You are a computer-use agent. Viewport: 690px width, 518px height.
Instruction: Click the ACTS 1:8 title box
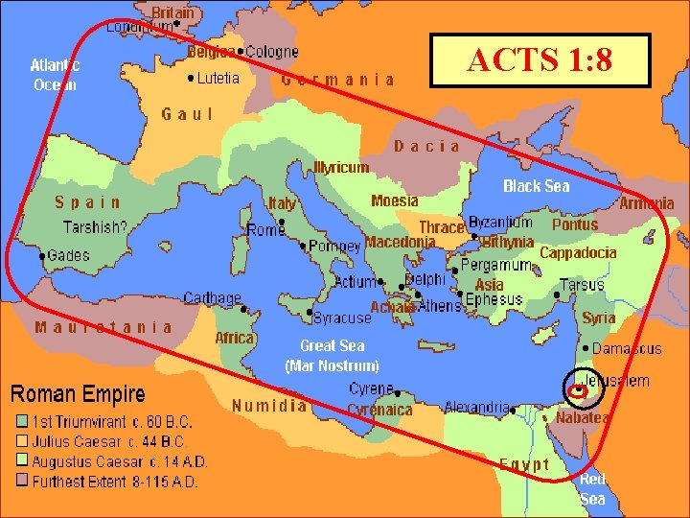(x=540, y=60)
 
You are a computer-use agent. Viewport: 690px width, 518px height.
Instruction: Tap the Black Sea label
(x=536, y=186)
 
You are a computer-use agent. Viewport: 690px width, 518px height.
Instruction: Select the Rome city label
(x=265, y=230)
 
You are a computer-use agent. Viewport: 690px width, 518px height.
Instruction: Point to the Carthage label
(x=212, y=298)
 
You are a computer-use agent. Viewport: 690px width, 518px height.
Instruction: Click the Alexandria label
(x=476, y=408)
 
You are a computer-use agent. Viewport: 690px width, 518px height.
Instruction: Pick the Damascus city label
(x=627, y=349)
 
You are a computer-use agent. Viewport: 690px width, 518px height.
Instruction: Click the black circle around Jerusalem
(x=582, y=388)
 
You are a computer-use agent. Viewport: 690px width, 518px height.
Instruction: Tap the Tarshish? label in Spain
(x=95, y=228)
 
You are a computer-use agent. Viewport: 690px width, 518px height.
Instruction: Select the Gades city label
(x=67, y=255)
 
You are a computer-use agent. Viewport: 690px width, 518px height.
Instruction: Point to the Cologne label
(x=272, y=52)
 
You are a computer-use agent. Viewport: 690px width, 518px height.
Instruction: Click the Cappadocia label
(x=578, y=253)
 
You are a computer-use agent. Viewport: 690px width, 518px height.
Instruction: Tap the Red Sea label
(x=592, y=489)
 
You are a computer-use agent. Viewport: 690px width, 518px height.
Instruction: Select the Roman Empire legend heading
(x=78, y=394)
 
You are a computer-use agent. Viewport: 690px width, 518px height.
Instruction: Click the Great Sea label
(x=332, y=345)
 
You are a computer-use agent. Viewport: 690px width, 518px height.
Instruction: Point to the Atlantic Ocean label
(x=55, y=75)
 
